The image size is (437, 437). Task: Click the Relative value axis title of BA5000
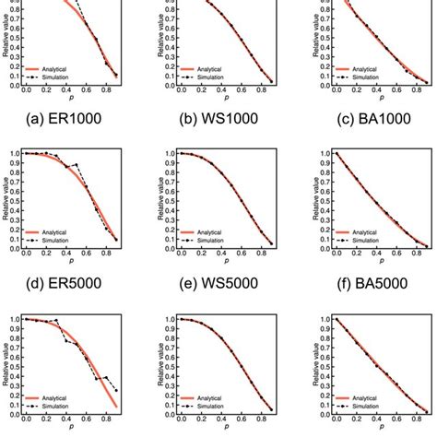coord(303,199)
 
